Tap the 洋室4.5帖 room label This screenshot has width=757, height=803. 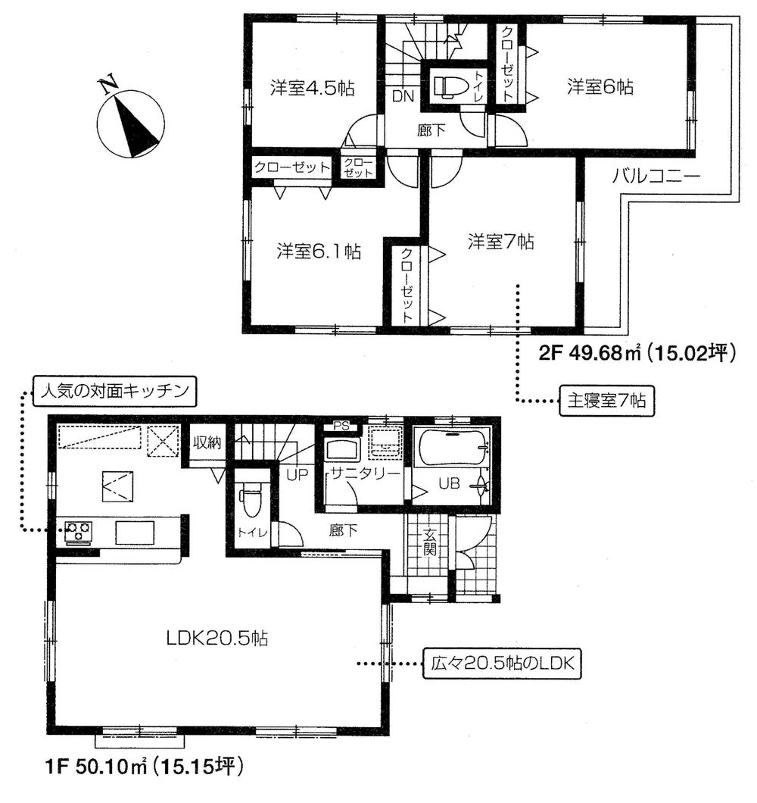click(x=312, y=89)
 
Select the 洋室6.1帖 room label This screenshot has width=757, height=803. click(x=318, y=250)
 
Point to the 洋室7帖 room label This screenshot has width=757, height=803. click(x=500, y=242)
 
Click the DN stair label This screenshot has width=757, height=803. click(x=402, y=95)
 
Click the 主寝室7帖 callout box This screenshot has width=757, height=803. click(x=603, y=399)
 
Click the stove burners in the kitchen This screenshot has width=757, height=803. click(x=79, y=530)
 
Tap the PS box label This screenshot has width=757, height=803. click(x=340, y=426)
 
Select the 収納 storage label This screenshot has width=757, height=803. click(x=206, y=443)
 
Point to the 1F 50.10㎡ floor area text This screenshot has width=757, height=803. click(x=141, y=767)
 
